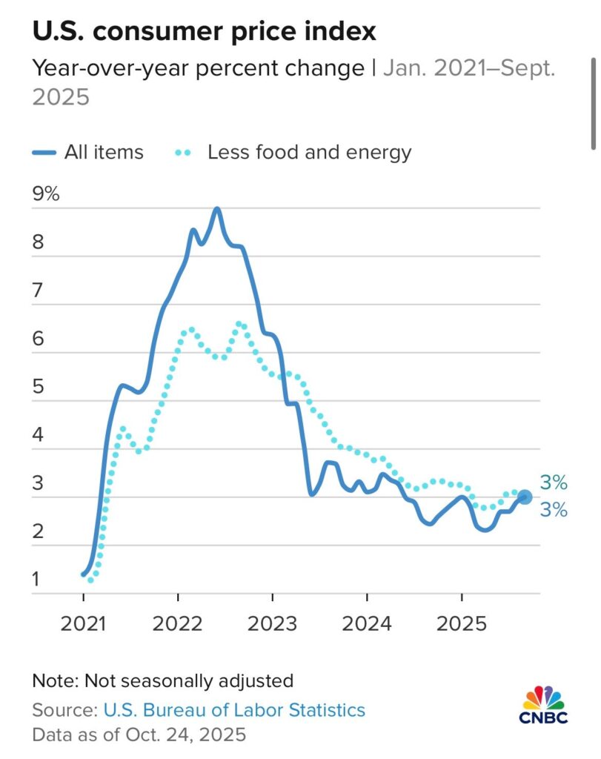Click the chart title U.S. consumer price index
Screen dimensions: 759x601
[204, 31]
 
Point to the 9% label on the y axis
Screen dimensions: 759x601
[46, 195]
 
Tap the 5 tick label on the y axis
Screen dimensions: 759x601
[37, 388]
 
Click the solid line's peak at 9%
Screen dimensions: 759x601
[217, 209]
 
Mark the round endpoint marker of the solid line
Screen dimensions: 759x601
[524, 497]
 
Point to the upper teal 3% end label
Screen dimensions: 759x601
[554, 483]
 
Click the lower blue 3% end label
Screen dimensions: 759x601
[554, 510]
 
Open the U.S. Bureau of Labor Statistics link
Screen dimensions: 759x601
[234, 710]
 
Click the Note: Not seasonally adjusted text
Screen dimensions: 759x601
[163, 680]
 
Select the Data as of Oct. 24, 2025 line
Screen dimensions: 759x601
[139, 735]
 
